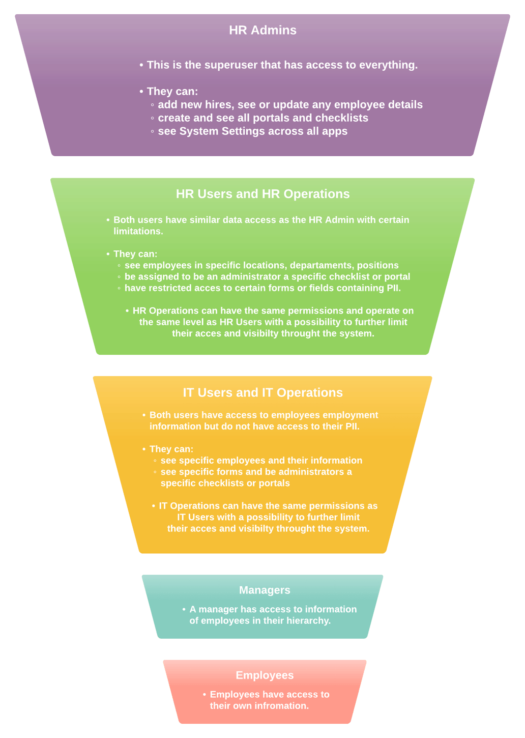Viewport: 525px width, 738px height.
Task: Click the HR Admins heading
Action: (x=262, y=30)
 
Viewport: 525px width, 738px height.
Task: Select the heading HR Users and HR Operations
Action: (x=262, y=194)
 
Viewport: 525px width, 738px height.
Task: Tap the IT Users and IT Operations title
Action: (x=262, y=392)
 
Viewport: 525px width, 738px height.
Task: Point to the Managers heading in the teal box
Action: (x=265, y=590)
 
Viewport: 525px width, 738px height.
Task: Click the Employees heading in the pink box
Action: (x=265, y=675)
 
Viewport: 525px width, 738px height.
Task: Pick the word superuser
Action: (x=233, y=65)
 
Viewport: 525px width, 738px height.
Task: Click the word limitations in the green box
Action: (x=138, y=231)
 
